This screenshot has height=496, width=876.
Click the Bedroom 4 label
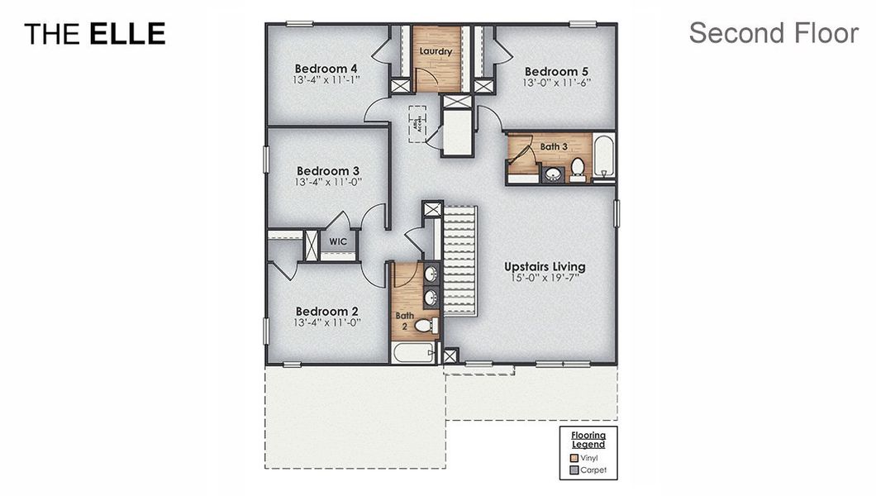point(326,69)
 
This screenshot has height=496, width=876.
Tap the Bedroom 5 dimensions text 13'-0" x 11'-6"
point(555,83)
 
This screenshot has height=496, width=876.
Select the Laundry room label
point(436,52)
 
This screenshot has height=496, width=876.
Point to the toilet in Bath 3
point(578,169)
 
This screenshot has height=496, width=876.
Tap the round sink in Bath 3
point(551,174)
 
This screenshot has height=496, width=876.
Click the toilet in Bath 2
point(425,326)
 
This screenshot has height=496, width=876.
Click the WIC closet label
point(338,241)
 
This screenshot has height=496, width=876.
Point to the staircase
point(461,260)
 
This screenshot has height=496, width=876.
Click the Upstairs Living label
point(545,267)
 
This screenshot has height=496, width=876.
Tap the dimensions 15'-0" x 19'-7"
point(545,279)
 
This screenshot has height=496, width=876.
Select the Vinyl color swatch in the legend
point(574,457)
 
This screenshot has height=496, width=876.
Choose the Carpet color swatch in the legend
point(574,470)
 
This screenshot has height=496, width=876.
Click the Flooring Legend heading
point(588,440)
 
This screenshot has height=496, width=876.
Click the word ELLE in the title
point(127,34)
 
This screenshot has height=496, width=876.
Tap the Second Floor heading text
point(774,33)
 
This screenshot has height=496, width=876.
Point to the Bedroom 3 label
point(328,171)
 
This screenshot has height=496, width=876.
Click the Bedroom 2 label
point(327,312)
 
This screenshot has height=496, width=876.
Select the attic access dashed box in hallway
point(417,124)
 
